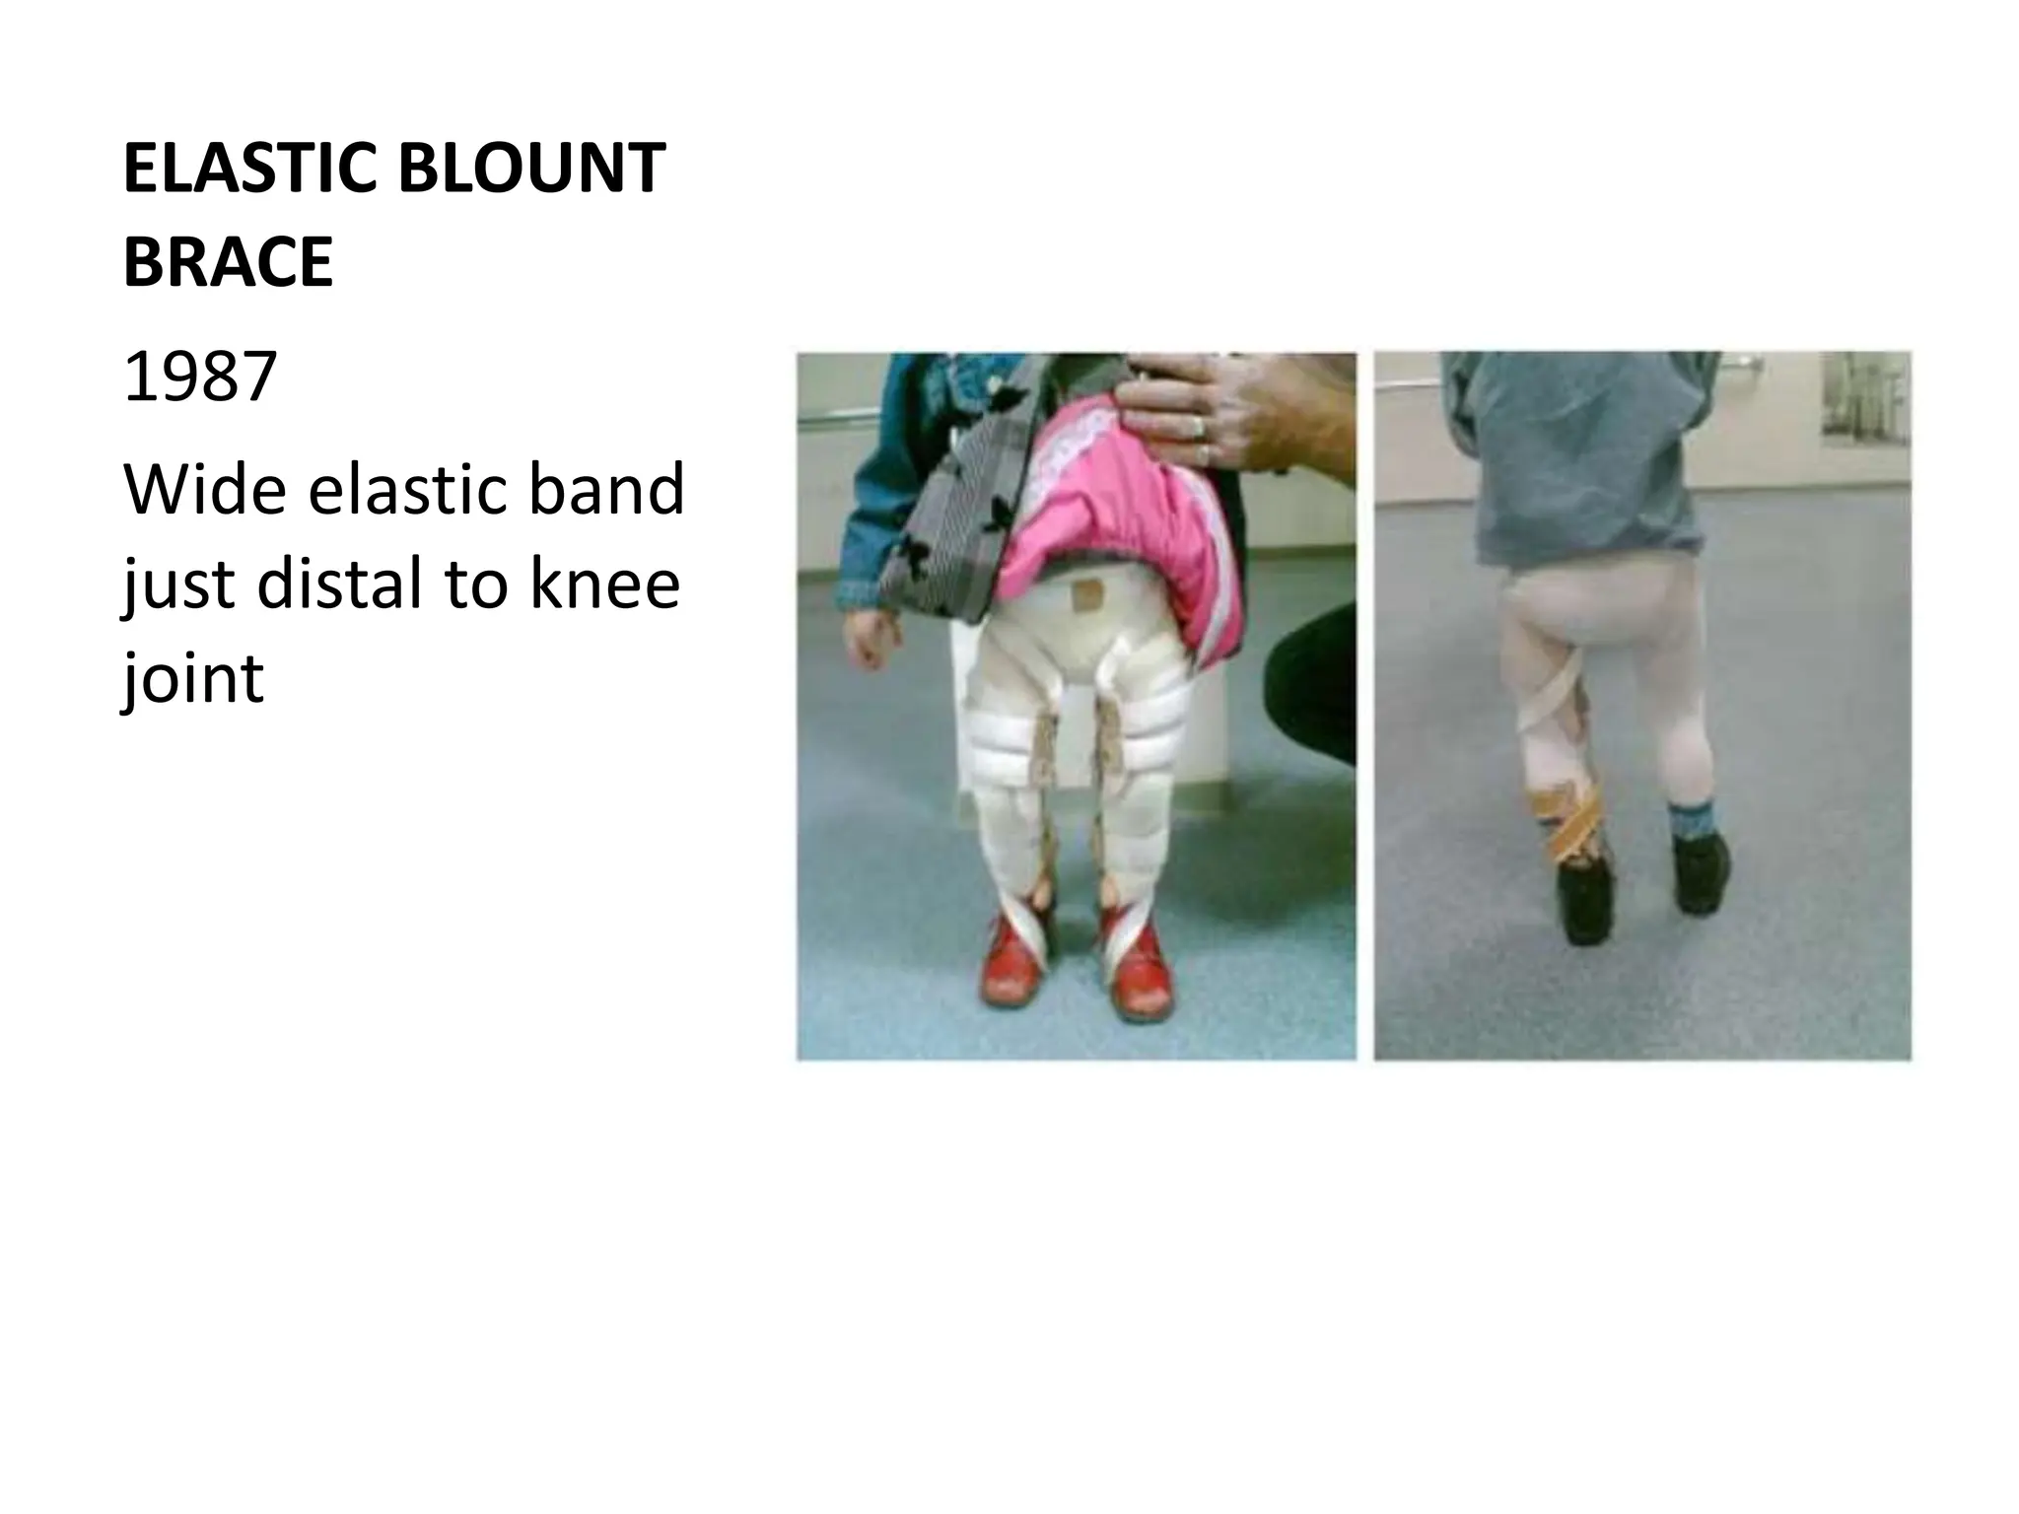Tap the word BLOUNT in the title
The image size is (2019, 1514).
531,169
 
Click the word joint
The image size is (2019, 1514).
193,680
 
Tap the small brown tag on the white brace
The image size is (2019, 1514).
1087,595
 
